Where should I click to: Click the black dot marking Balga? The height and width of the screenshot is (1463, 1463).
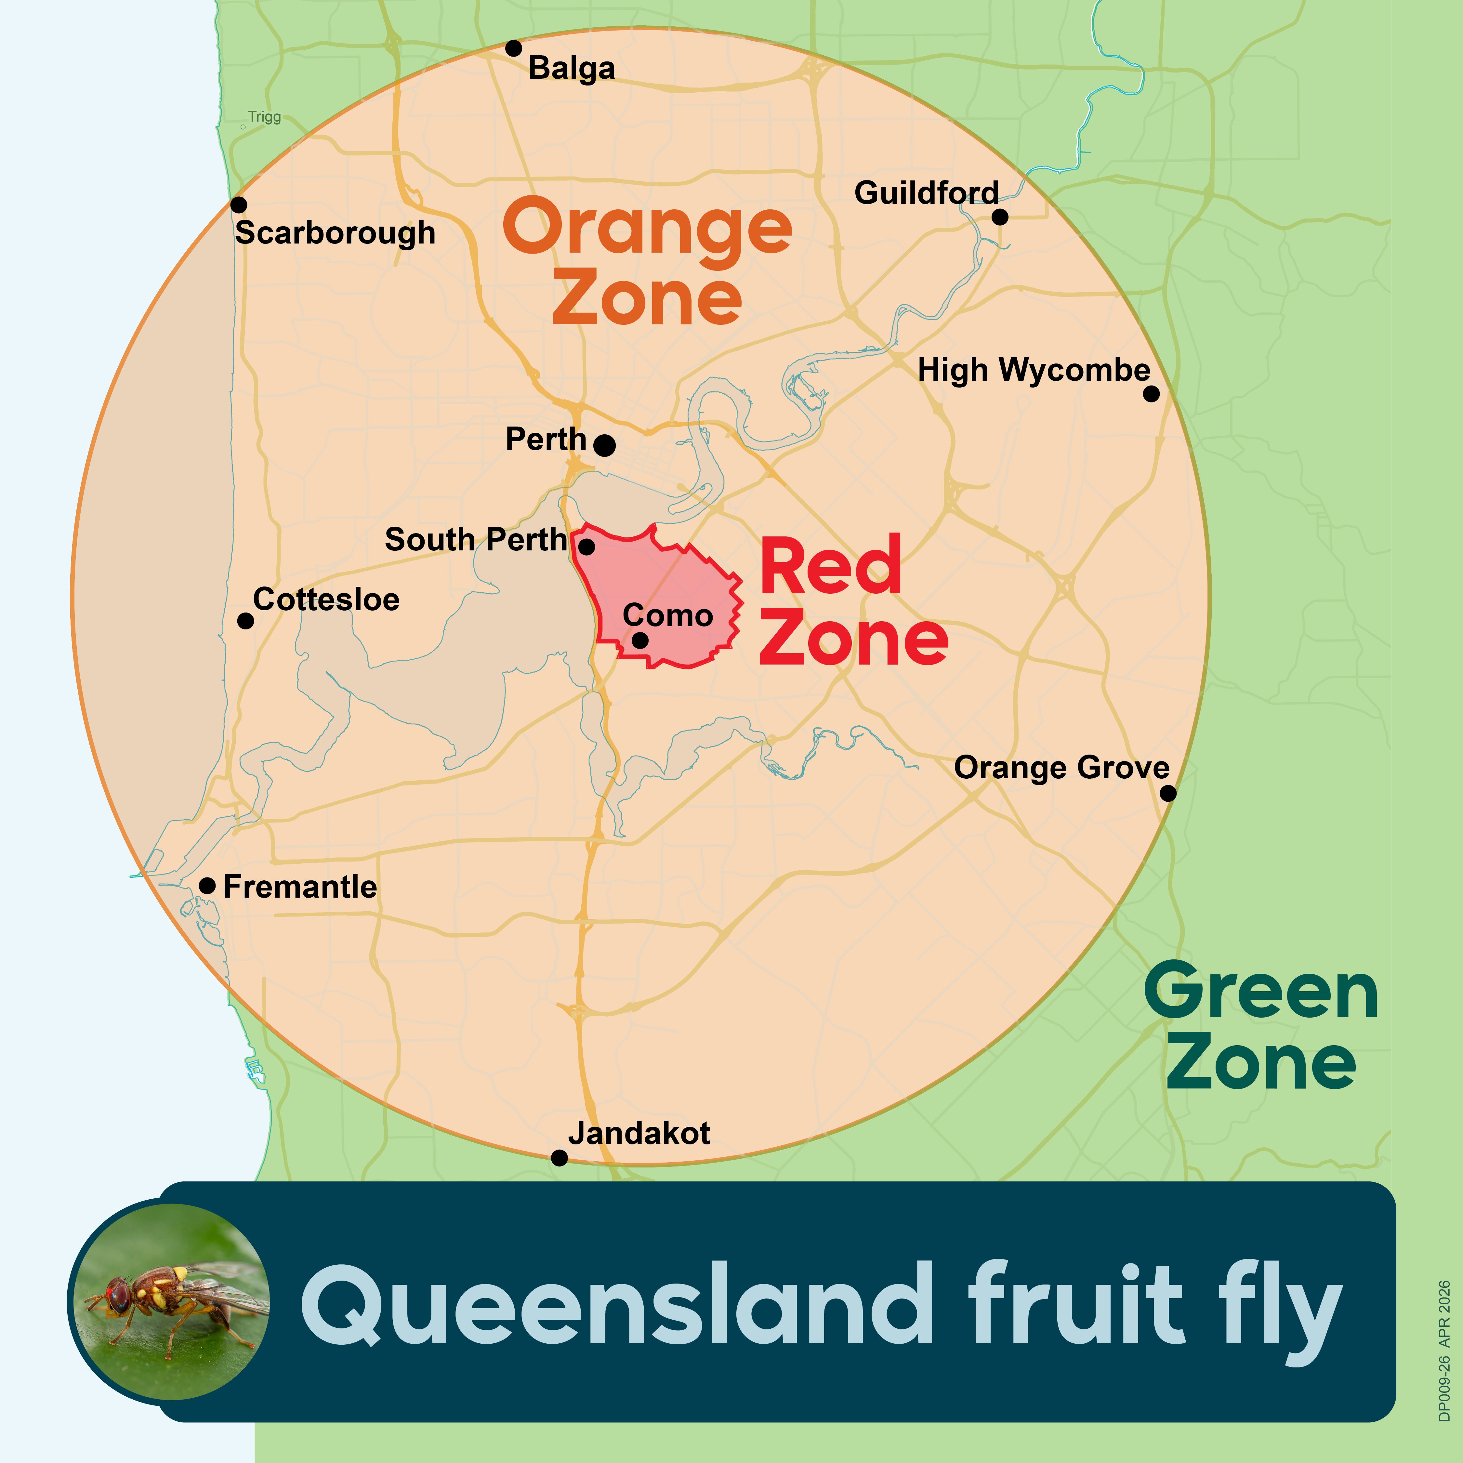[513, 48]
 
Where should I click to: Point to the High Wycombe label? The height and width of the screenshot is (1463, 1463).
[1034, 370]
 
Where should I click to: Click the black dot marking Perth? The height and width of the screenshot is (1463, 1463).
[604, 445]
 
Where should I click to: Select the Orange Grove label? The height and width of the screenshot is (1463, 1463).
[1062, 768]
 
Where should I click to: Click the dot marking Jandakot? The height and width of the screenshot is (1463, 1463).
[559, 1158]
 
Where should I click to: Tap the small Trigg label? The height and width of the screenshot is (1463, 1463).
[264, 117]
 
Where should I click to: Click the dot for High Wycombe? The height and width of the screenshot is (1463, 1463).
[1151, 394]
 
